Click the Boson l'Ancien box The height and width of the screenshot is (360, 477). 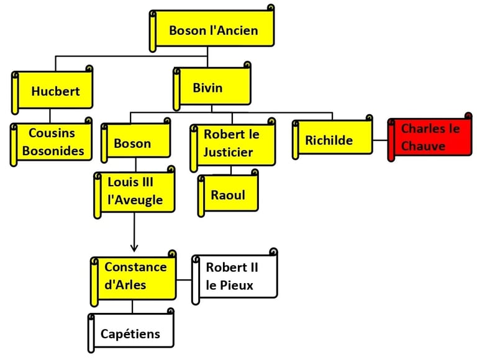tap(213, 30)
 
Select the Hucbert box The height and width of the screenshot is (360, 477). tap(55, 91)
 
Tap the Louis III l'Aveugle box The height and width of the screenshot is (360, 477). tap(135, 192)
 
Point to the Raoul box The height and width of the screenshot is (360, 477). tap(229, 195)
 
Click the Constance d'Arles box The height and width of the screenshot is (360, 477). tap(134, 276)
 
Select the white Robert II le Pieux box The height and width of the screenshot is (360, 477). tap(234, 277)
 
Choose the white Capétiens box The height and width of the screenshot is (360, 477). tap(131, 333)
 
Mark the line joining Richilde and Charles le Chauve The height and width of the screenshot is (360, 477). tap(380, 140)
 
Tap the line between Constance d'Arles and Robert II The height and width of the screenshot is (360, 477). tap(184, 279)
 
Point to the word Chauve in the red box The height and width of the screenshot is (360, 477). tap(423, 146)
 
